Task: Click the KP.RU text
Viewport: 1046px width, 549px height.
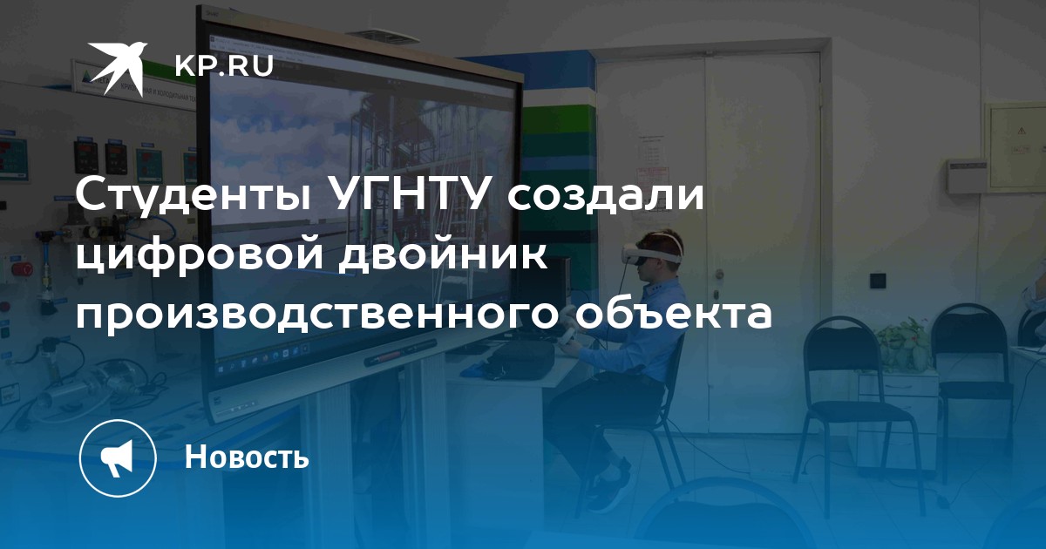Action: (x=224, y=66)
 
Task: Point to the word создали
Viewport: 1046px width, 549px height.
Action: (x=606, y=195)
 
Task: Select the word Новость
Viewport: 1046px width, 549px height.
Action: (x=247, y=457)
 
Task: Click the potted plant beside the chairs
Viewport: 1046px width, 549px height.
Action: (x=903, y=344)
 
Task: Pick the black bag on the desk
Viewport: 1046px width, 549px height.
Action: (x=519, y=361)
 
